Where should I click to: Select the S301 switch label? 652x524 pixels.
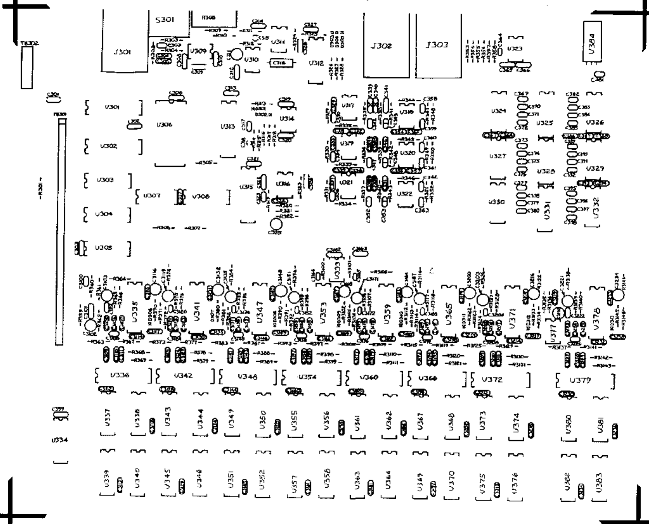pyautogui.click(x=165, y=20)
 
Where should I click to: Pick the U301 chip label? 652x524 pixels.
pyautogui.click(x=112, y=107)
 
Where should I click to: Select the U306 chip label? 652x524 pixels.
pyautogui.click(x=164, y=125)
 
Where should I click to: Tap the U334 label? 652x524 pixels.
pyautogui.click(x=59, y=440)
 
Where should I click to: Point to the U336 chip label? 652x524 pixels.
pyautogui.click(x=120, y=375)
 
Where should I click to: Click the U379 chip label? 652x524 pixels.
pyautogui.click(x=580, y=380)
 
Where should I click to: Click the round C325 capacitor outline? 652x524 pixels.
pyautogui.click(x=276, y=224)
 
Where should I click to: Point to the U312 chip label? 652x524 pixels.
pyautogui.click(x=316, y=63)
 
